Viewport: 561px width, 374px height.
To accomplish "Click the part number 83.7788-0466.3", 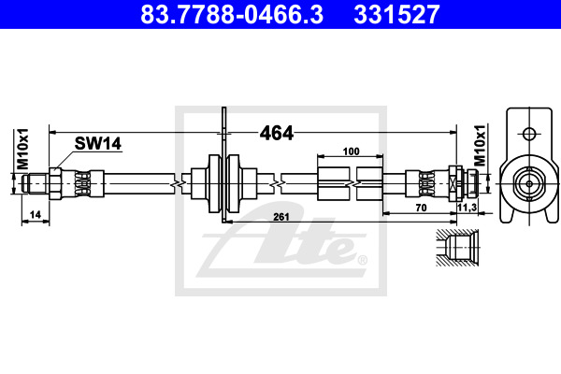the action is (232, 14).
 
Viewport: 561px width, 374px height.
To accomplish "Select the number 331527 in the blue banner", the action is (396, 14).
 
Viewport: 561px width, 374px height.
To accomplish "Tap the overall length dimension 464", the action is (276, 133).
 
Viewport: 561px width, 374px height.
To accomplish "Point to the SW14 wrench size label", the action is (97, 143).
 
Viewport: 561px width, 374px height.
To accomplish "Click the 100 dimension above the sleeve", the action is (351, 151).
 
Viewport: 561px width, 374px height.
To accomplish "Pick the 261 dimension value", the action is (281, 217).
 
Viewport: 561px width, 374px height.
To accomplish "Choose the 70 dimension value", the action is (421, 208).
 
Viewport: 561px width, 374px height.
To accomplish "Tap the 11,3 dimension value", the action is (467, 208).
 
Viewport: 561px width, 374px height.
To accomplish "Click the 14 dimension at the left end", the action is (36, 215).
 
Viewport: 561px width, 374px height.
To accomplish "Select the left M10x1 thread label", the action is (23, 149).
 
